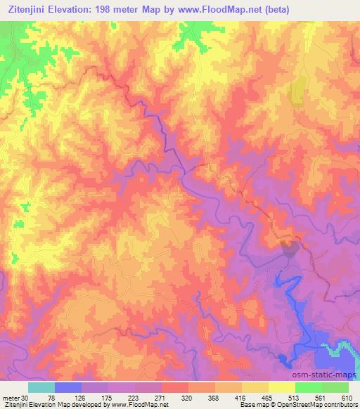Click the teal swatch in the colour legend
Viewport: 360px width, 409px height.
point(41,387)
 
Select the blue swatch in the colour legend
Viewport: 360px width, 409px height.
point(68,387)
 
